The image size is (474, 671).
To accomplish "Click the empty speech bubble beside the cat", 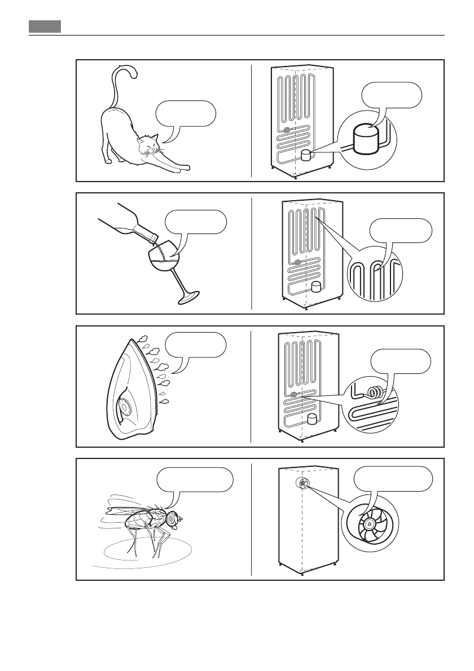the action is [185, 113].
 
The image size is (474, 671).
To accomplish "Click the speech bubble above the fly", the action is [195, 479].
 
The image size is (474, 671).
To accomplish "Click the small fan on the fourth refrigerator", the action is [303, 483].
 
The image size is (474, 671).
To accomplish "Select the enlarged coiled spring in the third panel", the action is [373, 391].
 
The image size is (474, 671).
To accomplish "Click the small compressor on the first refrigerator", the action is [306, 156].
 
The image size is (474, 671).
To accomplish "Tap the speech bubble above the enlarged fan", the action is [393, 479].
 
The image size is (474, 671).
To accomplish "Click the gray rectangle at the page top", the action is [45, 27].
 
